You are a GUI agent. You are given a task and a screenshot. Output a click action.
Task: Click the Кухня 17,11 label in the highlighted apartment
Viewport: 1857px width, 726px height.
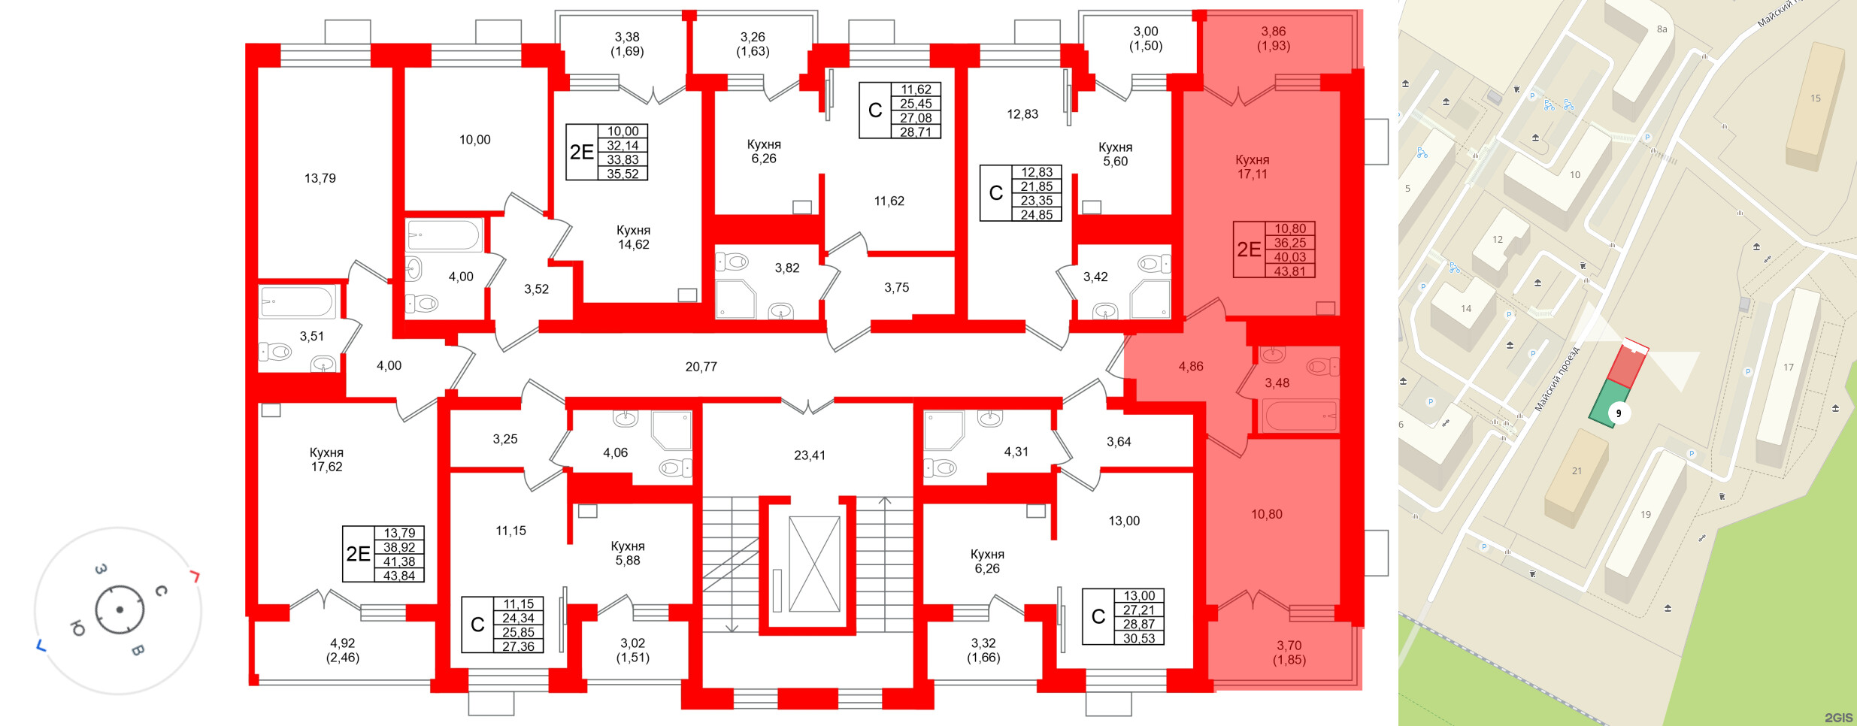click(x=1252, y=167)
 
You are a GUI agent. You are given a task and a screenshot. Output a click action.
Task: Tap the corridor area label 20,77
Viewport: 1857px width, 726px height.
click(x=701, y=367)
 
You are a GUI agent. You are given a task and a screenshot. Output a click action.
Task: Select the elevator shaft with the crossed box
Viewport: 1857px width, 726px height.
click(x=813, y=564)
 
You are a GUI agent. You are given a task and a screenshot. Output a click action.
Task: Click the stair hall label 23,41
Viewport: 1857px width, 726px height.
click(x=809, y=455)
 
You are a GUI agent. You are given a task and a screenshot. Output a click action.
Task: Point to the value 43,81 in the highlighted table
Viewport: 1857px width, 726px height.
click(x=1289, y=271)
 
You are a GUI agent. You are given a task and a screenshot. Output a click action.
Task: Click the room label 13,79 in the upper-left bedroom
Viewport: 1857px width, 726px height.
click(x=320, y=178)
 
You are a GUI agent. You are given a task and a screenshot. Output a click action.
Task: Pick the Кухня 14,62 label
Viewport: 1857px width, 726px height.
click(x=633, y=237)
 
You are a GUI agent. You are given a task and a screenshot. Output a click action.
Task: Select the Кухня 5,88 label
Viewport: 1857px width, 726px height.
click(x=627, y=553)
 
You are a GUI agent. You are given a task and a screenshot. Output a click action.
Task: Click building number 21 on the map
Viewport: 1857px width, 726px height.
click(x=1577, y=471)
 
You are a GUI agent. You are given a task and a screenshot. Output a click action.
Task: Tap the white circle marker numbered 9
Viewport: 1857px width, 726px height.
click(x=1619, y=413)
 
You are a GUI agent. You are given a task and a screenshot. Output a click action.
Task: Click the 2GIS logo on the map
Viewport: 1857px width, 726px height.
click(x=1837, y=718)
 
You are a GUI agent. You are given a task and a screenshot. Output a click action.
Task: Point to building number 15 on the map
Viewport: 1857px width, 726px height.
click(x=1816, y=98)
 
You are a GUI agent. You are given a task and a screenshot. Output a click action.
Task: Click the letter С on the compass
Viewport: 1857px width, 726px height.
click(x=160, y=591)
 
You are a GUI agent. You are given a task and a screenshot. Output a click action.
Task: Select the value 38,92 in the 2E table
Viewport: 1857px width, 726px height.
click(x=399, y=547)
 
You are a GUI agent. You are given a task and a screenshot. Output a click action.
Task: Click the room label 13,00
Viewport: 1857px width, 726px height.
click(x=1124, y=521)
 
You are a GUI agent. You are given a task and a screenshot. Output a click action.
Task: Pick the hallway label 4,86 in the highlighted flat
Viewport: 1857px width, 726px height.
click(x=1191, y=367)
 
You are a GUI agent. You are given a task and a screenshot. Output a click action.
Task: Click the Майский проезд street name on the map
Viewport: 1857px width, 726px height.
click(x=1556, y=380)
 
